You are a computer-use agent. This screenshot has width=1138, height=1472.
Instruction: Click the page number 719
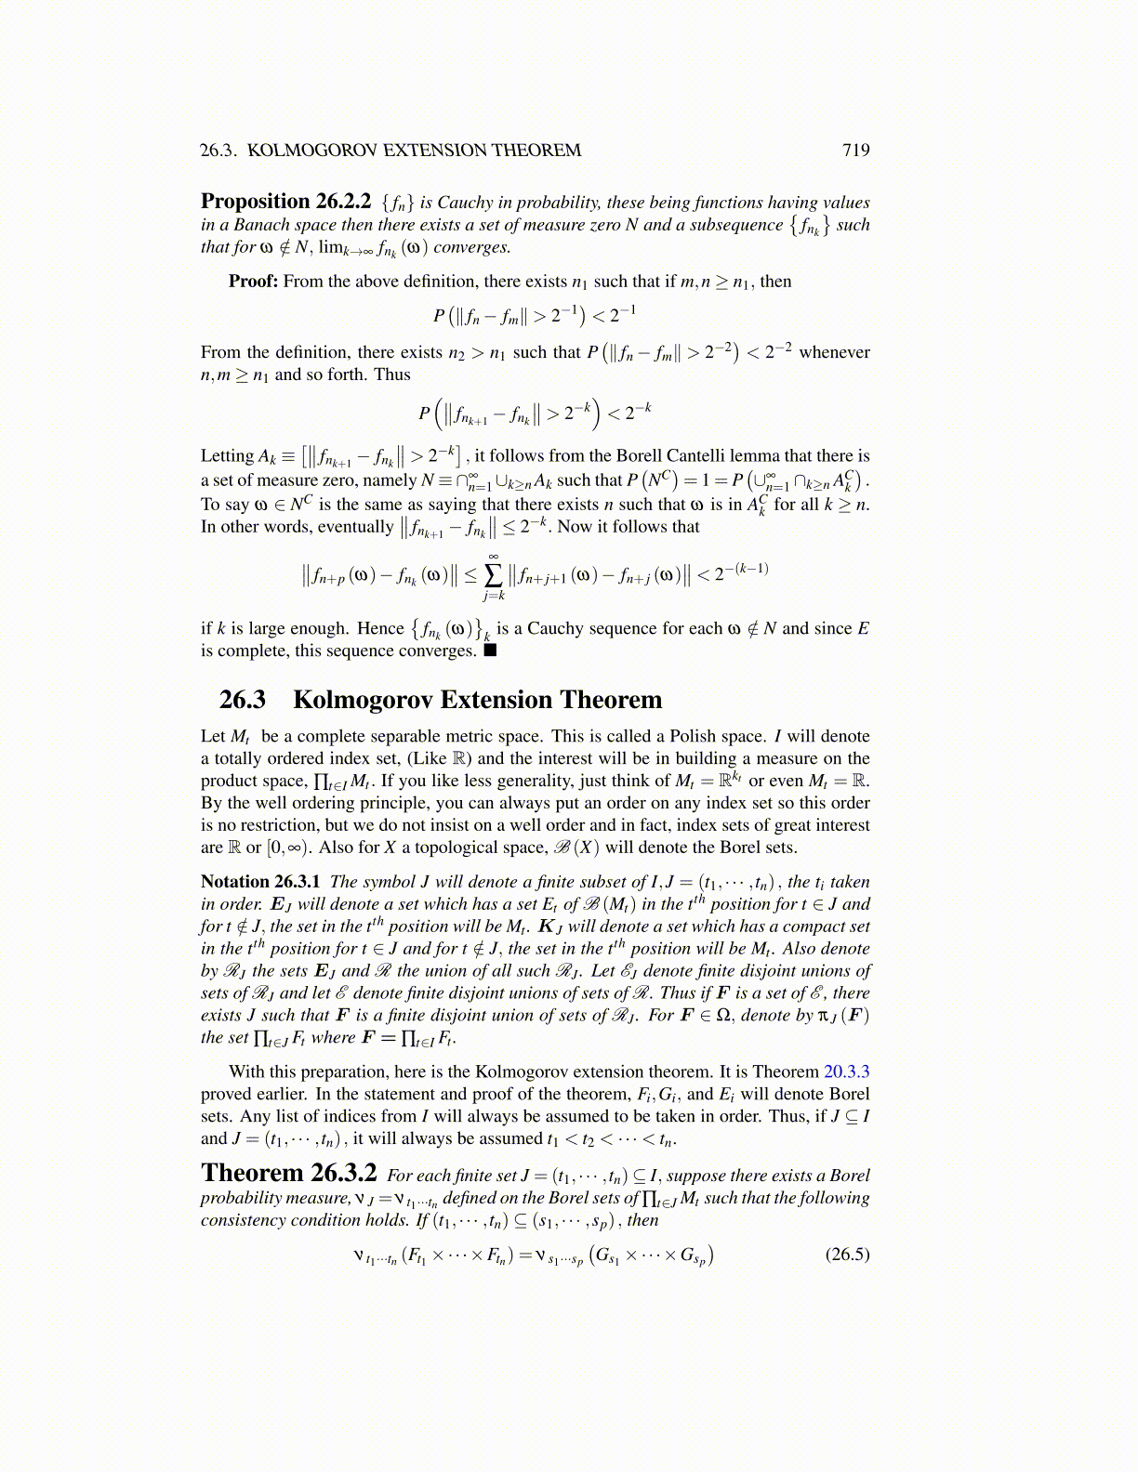point(855,151)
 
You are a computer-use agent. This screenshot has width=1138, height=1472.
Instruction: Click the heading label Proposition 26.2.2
point(285,202)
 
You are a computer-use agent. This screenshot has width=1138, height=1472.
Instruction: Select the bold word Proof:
point(253,282)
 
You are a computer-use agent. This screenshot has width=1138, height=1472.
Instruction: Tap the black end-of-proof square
point(491,651)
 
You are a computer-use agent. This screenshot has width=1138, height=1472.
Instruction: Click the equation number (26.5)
point(847,1255)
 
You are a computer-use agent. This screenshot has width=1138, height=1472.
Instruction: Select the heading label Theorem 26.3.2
point(288,1174)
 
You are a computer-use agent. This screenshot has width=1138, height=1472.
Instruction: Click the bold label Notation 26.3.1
point(260,882)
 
